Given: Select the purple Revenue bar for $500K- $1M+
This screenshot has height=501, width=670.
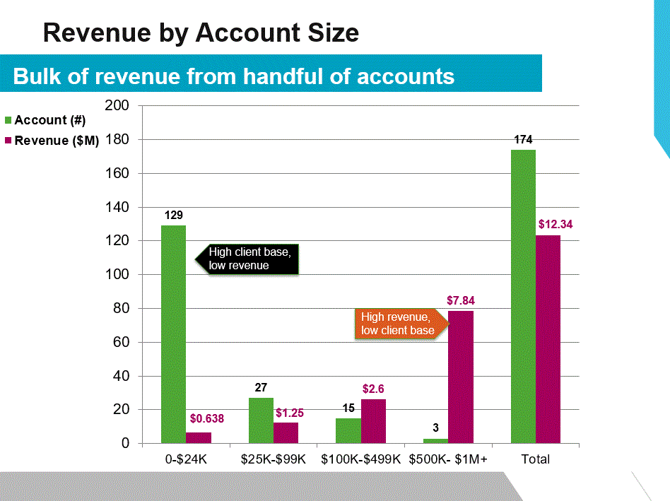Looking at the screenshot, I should (x=461, y=377).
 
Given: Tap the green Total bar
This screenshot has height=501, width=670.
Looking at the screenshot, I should (x=523, y=297).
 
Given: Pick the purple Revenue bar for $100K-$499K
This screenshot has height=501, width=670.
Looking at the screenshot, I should (x=373, y=421).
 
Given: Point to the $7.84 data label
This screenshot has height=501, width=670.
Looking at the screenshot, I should (x=461, y=300).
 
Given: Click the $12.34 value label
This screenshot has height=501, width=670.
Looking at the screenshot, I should (x=555, y=224).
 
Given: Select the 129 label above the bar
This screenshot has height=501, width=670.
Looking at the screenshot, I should (x=174, y=214).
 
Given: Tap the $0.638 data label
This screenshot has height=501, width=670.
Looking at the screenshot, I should (x=206, y=418).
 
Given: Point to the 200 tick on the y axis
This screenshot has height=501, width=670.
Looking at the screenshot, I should (x=117, y=106).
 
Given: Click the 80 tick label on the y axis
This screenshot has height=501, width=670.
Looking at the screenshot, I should (x=121, y=309).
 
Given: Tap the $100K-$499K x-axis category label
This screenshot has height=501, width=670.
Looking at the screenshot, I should (x=360, y=459).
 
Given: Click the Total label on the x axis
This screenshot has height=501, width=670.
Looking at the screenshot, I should (x=535, y=459).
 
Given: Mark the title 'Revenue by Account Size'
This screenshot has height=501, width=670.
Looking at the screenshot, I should (x=201, y=33).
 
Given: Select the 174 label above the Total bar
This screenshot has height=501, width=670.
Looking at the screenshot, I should (x=523, y=139).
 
